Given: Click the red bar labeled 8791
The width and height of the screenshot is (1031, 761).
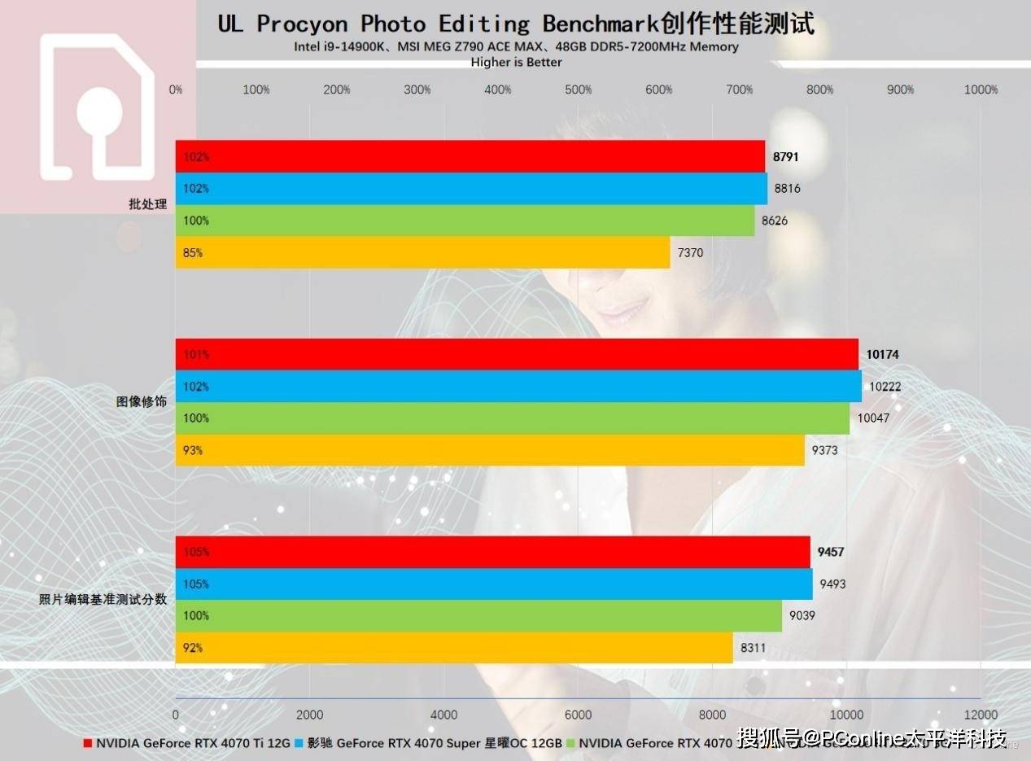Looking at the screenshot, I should click(x=470, y=156).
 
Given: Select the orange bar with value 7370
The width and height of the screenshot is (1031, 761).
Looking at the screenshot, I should click(x=422, y=252).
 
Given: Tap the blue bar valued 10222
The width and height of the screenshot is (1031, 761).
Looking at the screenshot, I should click(x=518, y=387).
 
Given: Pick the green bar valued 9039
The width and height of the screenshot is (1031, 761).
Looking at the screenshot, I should click(x=478, y=616).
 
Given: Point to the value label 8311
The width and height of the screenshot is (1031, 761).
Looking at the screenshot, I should click(x=753, y=649).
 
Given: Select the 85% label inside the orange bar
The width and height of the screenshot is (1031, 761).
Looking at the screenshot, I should click(x=193, y=253).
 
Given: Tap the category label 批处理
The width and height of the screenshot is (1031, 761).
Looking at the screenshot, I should click(x=147, y=204).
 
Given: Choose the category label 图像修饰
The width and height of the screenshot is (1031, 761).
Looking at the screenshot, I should click(x=141, y=402).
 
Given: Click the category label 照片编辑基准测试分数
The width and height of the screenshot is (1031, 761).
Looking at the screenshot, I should click(x=103, y=600).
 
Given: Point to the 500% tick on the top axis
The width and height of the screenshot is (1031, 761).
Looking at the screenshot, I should click(x=578, y=90).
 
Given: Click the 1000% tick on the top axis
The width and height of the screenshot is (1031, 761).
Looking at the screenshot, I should click(x=980, y=90).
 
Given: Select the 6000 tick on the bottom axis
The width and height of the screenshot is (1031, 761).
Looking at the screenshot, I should click(x=578, y=715).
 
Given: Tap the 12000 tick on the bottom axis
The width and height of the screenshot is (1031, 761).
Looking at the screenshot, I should click(x=980, y=715).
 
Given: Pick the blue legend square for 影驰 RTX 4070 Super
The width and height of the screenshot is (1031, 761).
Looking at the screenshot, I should click(x=299, y=743).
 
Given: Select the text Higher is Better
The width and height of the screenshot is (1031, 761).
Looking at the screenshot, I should click(x=516, y=62).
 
